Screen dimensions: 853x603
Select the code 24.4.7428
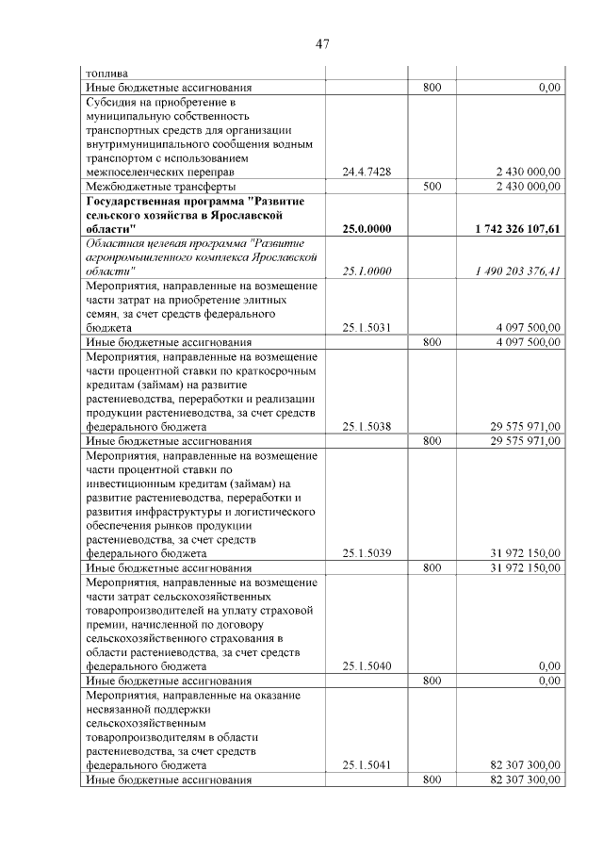pos(367,172)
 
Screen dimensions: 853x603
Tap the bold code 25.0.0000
pos(367,229)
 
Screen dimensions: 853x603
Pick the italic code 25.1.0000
pos(367,271)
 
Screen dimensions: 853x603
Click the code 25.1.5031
pos(367,327)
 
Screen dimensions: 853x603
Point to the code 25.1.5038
pos(367,426)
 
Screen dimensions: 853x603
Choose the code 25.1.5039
pos(367,553)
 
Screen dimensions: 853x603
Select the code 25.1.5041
pos(367,765)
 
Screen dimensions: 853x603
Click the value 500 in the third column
pos(432,187)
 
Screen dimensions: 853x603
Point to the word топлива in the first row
pos(106,73)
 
